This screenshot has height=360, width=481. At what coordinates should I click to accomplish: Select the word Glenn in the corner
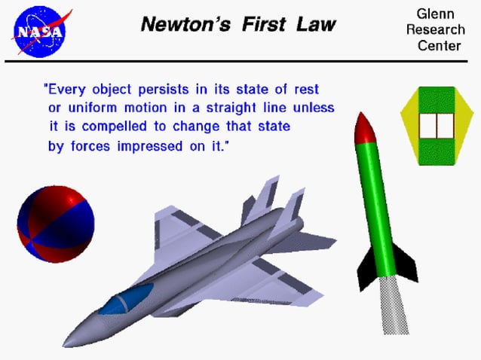click(436, 15)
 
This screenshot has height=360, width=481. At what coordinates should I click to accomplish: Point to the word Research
click(435, 31)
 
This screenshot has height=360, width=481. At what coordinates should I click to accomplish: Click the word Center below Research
click(439, 47)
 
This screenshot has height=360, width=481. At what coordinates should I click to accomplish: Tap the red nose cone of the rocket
click(364, 130)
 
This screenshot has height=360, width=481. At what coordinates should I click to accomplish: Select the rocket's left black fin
click(367, 267)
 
